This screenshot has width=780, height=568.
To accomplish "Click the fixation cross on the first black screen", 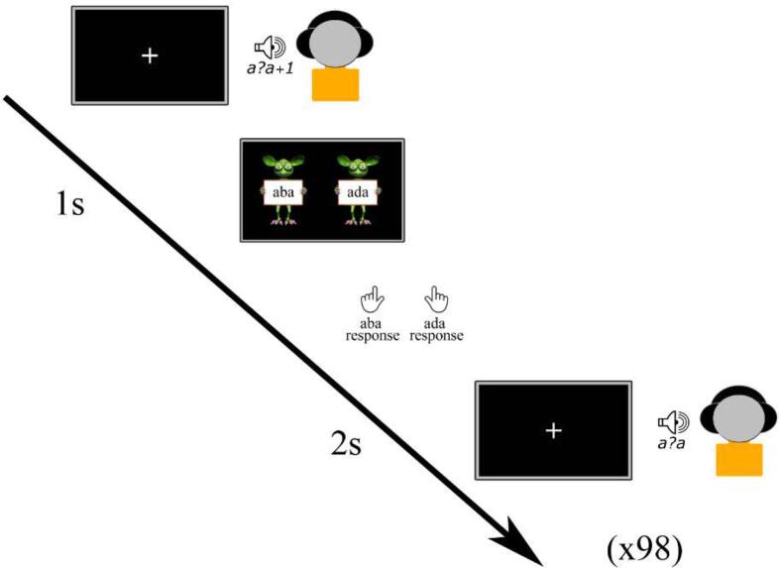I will click(x=150, y=56).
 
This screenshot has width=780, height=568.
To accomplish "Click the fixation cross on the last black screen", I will click(x=553, y=430).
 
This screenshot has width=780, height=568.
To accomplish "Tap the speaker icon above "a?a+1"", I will click(x=269, y=47).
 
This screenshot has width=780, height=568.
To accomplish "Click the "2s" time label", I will click(x=345, y=442).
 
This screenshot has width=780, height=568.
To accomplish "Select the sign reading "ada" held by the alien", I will click(x=357, y=193).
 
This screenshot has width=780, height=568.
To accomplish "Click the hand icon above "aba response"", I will click(x=372, y=300).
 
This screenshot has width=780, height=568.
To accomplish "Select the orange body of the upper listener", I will click(x=334, y=84).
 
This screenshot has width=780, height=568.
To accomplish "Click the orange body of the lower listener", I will click(x=737, y=460).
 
